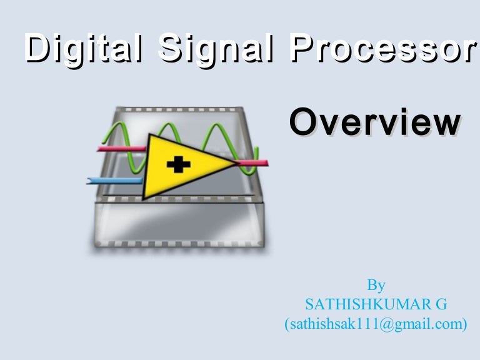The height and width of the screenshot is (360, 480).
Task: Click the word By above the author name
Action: coord(376,286)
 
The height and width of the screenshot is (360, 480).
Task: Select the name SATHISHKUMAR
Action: coord(360,305)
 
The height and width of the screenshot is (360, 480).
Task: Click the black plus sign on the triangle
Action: coord(179,165)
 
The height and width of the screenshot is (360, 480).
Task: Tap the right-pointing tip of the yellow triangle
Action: coord(235,164)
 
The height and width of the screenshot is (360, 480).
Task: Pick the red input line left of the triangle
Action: coord(122,149)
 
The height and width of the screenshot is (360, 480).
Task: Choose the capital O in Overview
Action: coord(304,122)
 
